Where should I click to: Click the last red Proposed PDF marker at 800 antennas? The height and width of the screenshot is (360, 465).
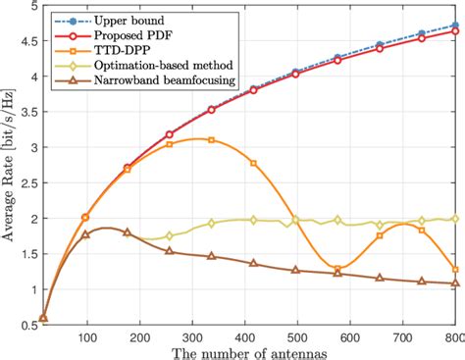455,31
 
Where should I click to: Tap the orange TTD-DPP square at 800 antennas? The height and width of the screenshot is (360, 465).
455,269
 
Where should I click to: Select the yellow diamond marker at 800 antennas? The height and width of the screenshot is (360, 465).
455,219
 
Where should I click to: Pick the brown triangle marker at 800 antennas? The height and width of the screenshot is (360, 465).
455,283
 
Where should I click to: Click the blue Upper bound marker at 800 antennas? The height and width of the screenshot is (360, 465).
455,26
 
